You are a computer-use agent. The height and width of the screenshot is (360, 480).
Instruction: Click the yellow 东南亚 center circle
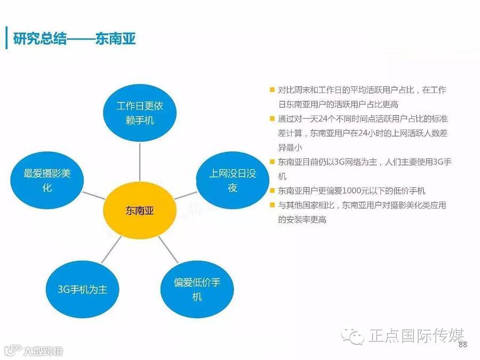pos(139,210)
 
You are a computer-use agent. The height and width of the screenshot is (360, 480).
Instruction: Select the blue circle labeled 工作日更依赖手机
pos(140,113)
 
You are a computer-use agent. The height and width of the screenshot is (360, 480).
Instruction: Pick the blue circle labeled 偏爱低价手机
pos(196,290)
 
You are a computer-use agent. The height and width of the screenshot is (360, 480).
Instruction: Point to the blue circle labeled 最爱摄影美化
pos(47,180)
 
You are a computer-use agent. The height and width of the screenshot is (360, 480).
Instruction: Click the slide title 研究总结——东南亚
pos(75,39)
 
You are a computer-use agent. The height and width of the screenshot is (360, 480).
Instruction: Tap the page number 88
pos(462,345)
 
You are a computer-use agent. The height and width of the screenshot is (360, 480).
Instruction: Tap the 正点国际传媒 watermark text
pos(417,335)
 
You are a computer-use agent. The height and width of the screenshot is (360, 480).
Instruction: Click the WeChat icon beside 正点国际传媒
pos(354,335)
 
